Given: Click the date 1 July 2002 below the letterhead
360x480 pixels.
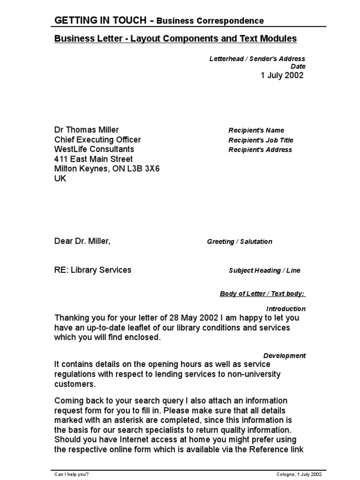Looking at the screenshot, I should pyautogui.click(x=282, y=75).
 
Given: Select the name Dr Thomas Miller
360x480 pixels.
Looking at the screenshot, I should pyautogui.click(x=87, y=130).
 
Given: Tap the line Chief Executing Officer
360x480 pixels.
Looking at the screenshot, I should pyautogui.click(x=97, y=140).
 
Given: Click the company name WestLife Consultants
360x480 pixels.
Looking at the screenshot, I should pyautogui.click(x=94, y=150).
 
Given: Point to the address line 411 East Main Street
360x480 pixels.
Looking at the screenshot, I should pyautogui.click(x=93, y=159).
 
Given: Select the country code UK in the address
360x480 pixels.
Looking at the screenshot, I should pyautogui.click(x=60, y=179).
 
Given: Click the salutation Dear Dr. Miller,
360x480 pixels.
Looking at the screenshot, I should pyautogui.click(x=82, y=241).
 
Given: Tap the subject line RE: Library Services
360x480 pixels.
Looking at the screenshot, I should pyautogui.click(x=93, y=270).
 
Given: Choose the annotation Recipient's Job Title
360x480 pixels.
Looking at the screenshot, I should pyautogui.click(x=261, y=140).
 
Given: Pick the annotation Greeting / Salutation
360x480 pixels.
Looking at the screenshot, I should pyautogui.click(x=240, y=242).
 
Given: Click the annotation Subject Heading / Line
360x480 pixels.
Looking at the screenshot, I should pyautogui.click(x=264, y=270).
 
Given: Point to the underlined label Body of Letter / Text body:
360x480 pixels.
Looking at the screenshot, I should pyautogui.click(x=262, y=294).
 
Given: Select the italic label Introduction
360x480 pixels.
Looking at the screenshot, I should pyautogui.click(x=286, y=309).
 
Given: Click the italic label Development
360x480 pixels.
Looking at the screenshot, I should pyautogui.click(x=285, y=356).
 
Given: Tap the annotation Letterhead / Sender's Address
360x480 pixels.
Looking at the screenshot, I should pyautogui.click(x=257, y=59).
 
